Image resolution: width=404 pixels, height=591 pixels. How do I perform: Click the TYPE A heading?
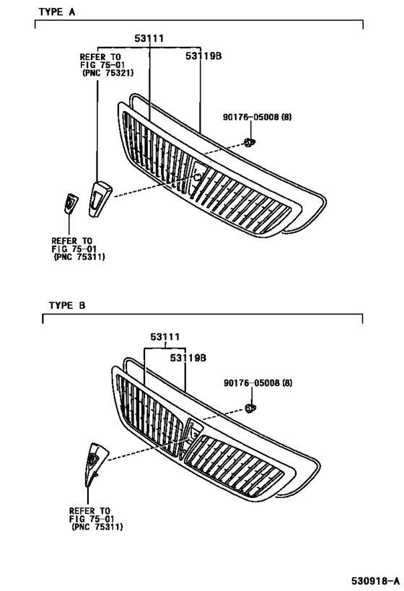[57, 12]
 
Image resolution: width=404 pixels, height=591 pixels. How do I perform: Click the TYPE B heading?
[67, 305]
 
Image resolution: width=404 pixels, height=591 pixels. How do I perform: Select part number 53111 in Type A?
[149, 38]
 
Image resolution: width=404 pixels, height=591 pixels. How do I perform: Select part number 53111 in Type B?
[165, 336]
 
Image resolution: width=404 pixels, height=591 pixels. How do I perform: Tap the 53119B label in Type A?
[203, 56]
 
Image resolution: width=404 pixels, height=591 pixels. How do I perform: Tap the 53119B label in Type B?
[188, 358]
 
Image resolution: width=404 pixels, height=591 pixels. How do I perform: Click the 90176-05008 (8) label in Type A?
[257, 117]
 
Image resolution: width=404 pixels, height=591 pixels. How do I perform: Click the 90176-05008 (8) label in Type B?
[258, 383]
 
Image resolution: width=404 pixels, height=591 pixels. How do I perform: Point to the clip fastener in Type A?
[249, 143]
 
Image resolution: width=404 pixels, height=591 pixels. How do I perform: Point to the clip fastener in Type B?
[250, 408]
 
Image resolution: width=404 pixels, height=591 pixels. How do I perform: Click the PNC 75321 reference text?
[107, 73]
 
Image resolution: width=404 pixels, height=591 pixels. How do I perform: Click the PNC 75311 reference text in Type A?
[79, 257]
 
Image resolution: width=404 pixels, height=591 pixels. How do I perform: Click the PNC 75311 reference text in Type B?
[97, 527]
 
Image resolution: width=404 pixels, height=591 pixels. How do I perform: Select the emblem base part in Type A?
[100, 199]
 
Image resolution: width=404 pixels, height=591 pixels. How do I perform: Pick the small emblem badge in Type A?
[71, 203]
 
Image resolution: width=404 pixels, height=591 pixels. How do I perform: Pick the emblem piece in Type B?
[95, 463]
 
